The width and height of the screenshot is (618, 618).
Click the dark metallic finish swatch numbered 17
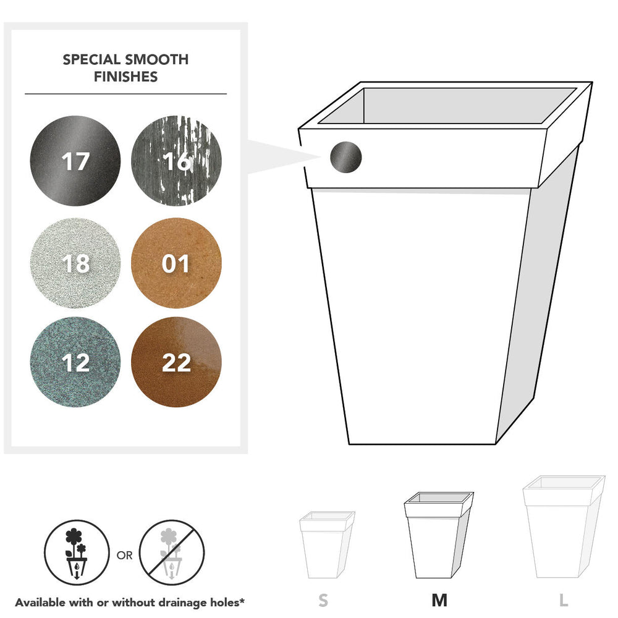pos(75,161)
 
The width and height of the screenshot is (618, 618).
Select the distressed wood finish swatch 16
pos(176,161)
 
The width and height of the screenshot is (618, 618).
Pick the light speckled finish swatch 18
pos(75,263)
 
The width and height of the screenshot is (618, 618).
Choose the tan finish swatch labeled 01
pos(176,263)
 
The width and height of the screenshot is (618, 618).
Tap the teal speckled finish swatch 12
pos(75,362)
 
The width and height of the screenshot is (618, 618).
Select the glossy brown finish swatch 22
pos(176,362)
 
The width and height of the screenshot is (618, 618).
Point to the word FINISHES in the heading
pos(125,77)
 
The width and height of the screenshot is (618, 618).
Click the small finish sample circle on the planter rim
pos(345,157)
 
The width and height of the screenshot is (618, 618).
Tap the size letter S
pos(323,600)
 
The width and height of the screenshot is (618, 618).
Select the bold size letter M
pos(439,600)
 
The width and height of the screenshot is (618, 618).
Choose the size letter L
pos(564,600)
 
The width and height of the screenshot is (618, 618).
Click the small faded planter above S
pos(327,544)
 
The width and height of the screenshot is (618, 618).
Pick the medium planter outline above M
pos(439,535)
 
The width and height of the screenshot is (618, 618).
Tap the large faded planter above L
pos(564,527)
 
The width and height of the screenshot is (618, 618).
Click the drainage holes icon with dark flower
pos(77,552)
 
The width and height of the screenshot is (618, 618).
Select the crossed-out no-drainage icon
pos(171,552)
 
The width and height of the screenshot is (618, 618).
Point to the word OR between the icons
pos(125,556)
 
